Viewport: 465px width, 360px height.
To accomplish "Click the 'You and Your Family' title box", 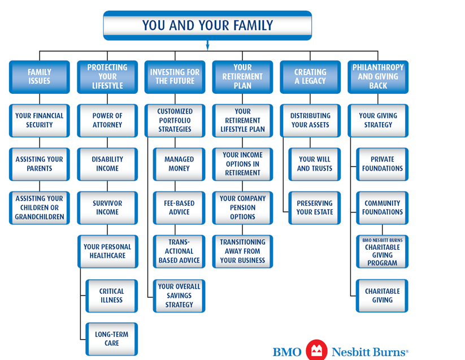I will [x=207, y=25].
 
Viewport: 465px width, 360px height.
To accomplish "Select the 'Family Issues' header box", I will [x=40, y=77].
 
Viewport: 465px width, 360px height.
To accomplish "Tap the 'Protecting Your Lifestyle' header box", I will [x=107, y=77].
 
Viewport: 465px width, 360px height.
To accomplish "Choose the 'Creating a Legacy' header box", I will [x=310, y=77].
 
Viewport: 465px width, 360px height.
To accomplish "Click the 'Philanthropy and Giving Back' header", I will [x=378, y=77].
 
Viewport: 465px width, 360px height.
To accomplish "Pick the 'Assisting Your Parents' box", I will [x=40, y=164].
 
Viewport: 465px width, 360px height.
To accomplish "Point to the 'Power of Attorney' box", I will [x=107, y=120].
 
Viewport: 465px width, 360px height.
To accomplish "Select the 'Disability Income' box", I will [x=107, y=164].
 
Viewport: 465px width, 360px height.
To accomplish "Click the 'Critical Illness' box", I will [x=111, y=296].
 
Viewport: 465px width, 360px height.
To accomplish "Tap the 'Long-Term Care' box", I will [x=111, y=339].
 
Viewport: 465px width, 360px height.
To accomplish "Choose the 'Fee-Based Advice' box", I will [x=179, y=207].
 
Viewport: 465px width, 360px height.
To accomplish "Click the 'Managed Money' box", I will [x=179, y=164].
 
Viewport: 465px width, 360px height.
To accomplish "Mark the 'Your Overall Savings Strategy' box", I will [x=179, y=296].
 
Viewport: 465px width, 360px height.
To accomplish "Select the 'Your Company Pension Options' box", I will [x=242, y=207].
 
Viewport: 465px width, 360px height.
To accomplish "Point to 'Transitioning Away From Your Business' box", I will [x=242, y=251].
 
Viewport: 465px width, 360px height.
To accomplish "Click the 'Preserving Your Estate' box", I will [x=315, y=207].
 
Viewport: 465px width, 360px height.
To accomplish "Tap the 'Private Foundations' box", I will [x=383, y=164].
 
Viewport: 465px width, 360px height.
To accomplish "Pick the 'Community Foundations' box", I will [x=383, y=207].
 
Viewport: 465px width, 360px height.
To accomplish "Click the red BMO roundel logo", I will [x=316, y=350].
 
